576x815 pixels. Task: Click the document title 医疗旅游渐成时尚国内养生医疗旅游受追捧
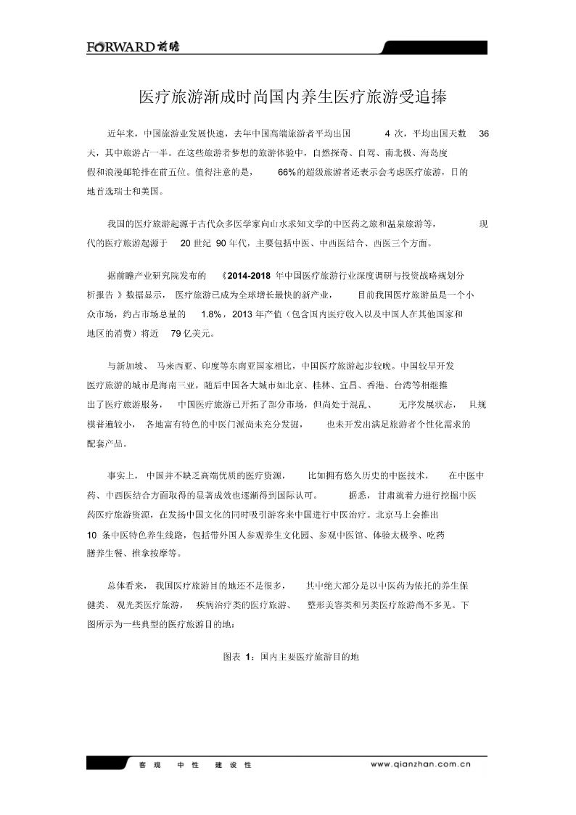(x=292, y=97)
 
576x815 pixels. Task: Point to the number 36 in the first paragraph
(x=485, y=134)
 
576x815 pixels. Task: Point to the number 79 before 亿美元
(x=176, y=334)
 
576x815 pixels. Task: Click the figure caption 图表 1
(x=238, y=656)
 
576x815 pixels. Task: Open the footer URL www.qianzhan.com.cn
(x=421, y=763)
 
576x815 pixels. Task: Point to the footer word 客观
(x=149, y=764)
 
